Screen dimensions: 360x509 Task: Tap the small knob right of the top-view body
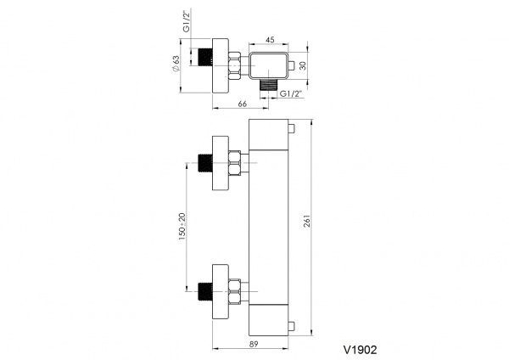289,64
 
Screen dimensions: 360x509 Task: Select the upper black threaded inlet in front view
204,163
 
